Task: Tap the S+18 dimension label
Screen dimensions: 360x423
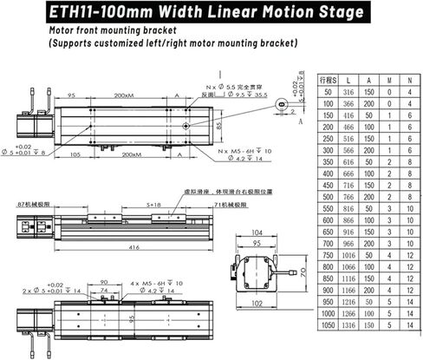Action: (153, 205)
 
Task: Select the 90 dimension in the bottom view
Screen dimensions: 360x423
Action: (106, 282)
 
